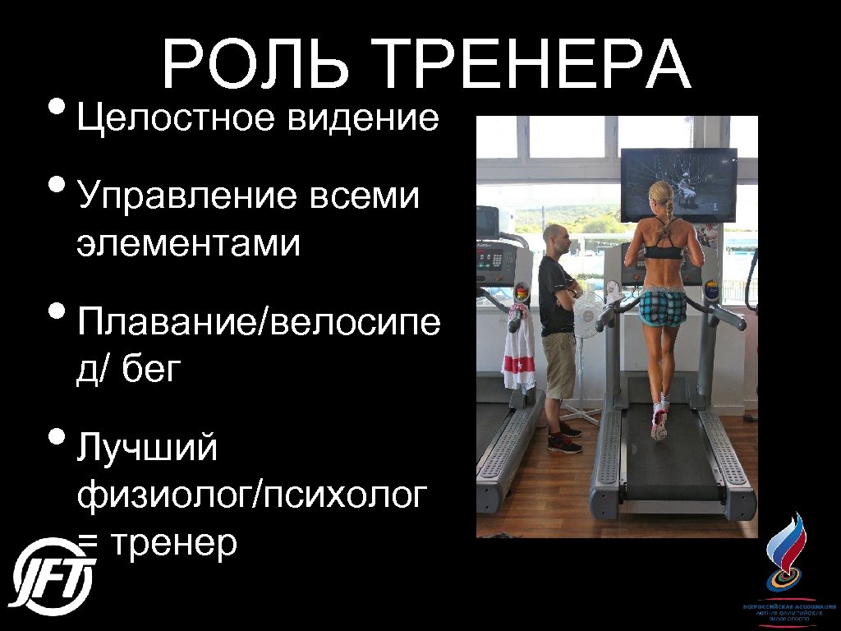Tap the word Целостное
coord(176,120)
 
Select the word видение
coord(364,120)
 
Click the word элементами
coord(189,243)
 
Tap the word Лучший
coord(148,449)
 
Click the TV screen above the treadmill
coord(678,185)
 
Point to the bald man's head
coord(556,239)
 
